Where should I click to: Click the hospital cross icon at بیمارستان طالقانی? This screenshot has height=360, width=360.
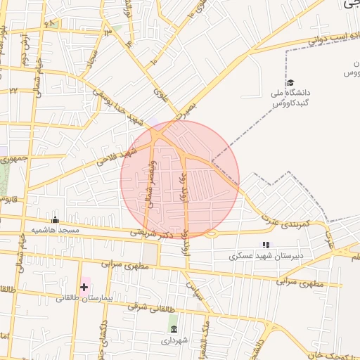pos(84,287)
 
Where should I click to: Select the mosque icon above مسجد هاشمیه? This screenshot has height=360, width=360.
pos(56,220)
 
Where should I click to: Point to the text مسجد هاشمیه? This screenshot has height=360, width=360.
pos(55,231)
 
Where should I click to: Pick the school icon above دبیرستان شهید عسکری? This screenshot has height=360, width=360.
pos(266,245)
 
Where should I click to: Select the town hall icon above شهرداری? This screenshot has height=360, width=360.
pos(174,329)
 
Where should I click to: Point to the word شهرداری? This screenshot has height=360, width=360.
pos(174,340)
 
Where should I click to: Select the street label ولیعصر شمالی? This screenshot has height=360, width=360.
pos(148,182)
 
